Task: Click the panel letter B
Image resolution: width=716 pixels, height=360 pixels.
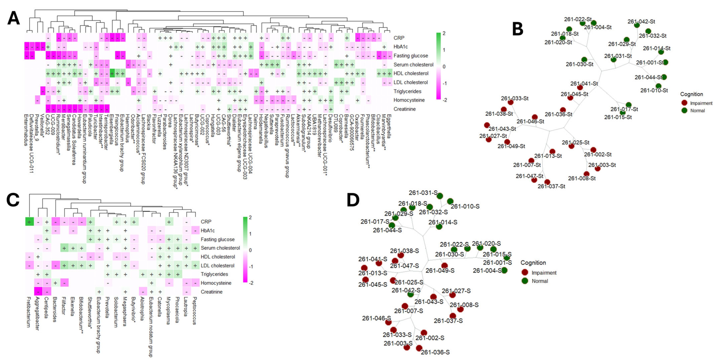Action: pyautogui.click(x=518, y=29)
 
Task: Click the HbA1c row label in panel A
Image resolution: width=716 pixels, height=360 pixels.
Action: pyautogui.click(x=400, y=47)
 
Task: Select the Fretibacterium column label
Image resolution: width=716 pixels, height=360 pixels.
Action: pyautogui.click(x=28, y=312)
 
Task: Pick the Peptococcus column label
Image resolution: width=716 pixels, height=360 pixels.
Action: pyautogui.click(x=194, y=311)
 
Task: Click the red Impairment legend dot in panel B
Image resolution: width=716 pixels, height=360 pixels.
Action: pyautogui.click(x=684, y=103)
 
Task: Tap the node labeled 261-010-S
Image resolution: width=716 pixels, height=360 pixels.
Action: pyautogui.click(x=450, y=201)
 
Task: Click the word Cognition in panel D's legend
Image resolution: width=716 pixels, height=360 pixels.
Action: pyautogui.click(x=533, y=263)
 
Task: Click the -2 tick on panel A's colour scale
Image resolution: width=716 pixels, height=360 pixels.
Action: pyautogui.click(x=445, y=100)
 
